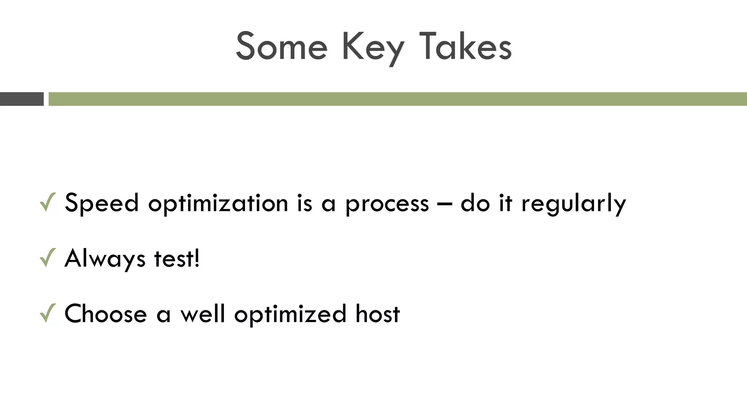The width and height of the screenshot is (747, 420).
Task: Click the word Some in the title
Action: (x=282, y=47)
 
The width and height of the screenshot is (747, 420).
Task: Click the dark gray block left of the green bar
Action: (x=22, y=99)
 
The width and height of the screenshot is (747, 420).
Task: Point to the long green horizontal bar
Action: (x=398, y=99)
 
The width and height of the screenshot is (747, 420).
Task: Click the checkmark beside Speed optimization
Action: (x=48, y=202)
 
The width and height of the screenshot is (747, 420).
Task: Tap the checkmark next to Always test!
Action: (x=48, y=258)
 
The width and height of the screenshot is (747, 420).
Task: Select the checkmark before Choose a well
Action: (x=48, y=313)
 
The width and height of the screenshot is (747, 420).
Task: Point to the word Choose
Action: (x=105, y=314)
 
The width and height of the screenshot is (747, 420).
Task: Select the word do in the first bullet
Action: (x=475, y=203)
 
